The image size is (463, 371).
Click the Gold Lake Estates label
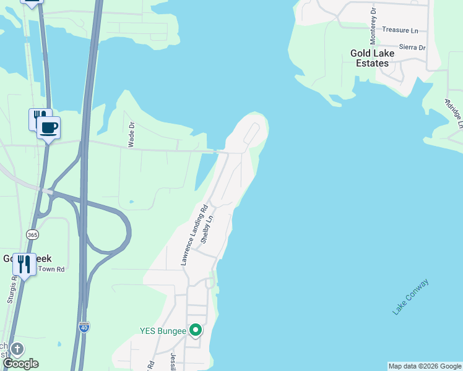pyautogui.click(x=370, y=58)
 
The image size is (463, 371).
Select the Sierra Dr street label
pyautogui.click(x=412, y=47)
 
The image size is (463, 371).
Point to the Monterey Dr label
pyautogui.click(x=373, y=26)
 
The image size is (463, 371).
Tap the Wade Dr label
pyautogui.click(x=131, y=134)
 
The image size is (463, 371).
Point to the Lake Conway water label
pyautogui.click(x=410, y=297)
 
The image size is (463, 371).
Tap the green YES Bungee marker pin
pyautogui.click(x=196, y=331)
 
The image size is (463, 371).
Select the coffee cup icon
pyautogui.click(x=49, y=128)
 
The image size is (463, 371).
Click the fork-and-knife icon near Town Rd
pyautogui.click(x=24, y=265)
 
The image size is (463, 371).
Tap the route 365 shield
pyautogui.click(x=32, y=234)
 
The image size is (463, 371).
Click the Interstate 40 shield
pyautogui.click(x=84, y=327)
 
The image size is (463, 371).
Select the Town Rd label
pyautogui.click(x=52, y=269)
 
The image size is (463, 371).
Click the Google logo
pyautogui.click(x=20, y=364)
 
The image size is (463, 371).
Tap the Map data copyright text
pyautogui.click(x=424, y=366)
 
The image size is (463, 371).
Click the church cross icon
pyautogui.click(x=17, y=349)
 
